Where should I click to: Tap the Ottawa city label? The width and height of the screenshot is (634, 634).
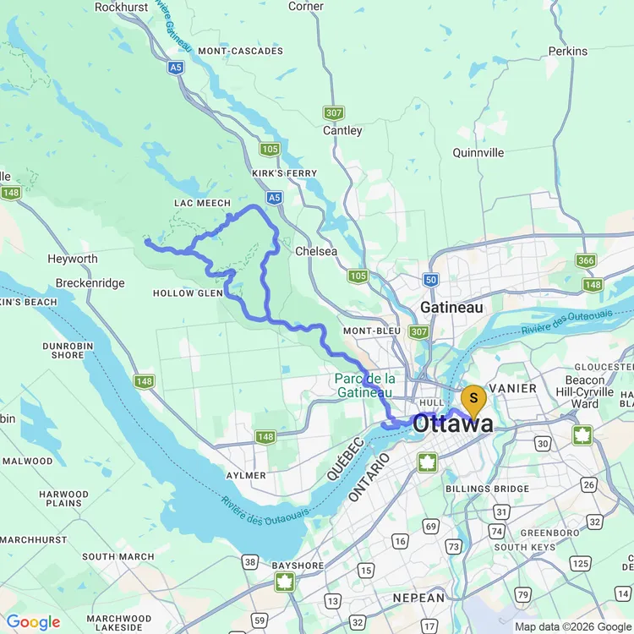(453, 424)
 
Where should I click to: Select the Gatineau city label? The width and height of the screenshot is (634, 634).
(452, 307)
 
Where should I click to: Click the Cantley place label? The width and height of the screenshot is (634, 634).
(342, 130)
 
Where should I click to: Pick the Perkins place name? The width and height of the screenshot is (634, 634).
(567, 51)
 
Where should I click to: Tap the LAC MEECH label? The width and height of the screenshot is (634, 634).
(202, 203)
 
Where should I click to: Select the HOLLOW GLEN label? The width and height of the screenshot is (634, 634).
(188, 293)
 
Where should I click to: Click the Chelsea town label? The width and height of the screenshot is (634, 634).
(316, 251)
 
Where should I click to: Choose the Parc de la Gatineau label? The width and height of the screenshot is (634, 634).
(366, 385)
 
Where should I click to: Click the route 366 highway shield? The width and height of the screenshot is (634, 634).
(586, 260)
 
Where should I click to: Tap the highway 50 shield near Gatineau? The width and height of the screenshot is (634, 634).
(431, 280)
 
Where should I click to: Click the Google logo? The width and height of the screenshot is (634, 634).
(33, 622)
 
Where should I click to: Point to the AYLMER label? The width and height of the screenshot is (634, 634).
(246, 476)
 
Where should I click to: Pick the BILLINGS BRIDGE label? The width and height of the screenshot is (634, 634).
(488, 489)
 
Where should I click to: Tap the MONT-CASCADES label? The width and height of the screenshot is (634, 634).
(241, 51)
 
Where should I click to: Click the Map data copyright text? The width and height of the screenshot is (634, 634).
(571, 626)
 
